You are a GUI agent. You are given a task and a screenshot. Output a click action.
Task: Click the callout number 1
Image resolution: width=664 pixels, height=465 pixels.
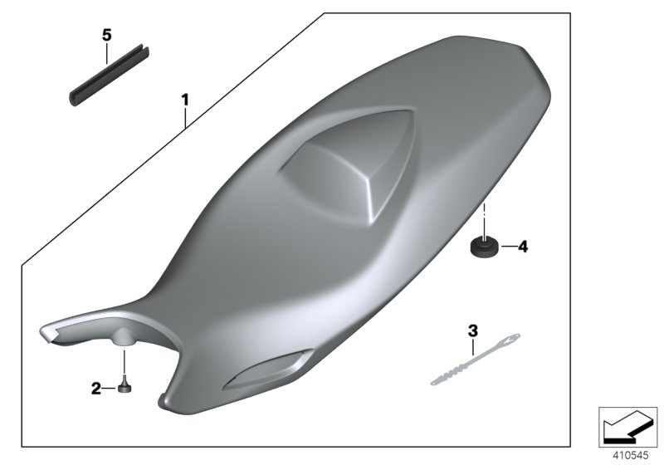point(185,100)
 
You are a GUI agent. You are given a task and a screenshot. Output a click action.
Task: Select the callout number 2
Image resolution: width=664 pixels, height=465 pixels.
point(96,388)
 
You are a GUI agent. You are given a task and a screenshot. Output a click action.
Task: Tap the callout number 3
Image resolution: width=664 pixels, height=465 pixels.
point(473,330)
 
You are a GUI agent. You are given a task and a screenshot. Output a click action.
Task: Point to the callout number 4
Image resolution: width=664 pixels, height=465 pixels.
point(521,247)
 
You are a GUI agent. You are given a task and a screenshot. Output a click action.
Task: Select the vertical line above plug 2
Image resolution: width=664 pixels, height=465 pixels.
point(124,362)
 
